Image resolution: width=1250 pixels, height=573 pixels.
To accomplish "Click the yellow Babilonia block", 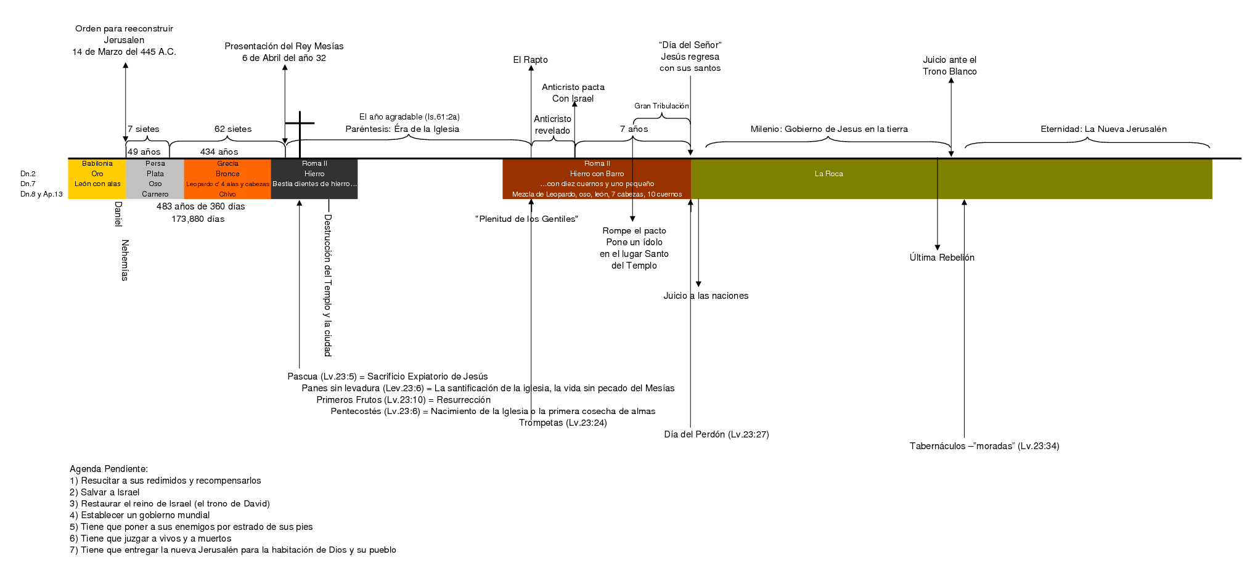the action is coord(97,179).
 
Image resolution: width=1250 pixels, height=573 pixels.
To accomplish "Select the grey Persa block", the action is coord(155,179).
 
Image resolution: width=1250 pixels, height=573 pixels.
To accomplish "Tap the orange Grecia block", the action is coord(227,179).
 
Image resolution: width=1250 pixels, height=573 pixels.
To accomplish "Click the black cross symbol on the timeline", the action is coord(300,134).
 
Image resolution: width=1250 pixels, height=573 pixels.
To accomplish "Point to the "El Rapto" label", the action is coord(530,60).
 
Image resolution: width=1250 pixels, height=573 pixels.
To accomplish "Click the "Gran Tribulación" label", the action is coord(661,106).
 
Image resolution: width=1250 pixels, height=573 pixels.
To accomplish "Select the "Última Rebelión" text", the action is coord(942,258).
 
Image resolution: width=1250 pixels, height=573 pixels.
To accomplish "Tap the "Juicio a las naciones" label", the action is coord(706,296).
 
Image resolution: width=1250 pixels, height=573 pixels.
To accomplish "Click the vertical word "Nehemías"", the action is coord(125,260).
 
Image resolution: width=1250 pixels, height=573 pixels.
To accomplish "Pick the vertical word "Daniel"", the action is coord(118,214).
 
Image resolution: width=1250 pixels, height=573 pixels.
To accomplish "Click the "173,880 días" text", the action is coord(198,219).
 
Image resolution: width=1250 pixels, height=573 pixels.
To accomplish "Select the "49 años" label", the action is coord(144,152).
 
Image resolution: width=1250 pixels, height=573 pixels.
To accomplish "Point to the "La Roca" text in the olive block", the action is coord(828,174).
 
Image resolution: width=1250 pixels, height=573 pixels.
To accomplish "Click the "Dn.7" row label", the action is coord(28,184).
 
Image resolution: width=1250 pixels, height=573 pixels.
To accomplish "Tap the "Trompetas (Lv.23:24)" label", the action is coord(563,423).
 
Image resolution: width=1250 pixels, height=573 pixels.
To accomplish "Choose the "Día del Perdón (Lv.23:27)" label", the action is coord(716,434).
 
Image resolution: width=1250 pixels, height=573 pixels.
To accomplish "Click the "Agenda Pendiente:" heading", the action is coord(108,469).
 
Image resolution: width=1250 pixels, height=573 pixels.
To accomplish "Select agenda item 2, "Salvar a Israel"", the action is coord(104,492).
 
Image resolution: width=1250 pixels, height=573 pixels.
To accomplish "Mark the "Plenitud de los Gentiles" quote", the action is coord(526,219).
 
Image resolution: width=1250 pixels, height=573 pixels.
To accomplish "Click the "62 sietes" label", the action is coord(233,129).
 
